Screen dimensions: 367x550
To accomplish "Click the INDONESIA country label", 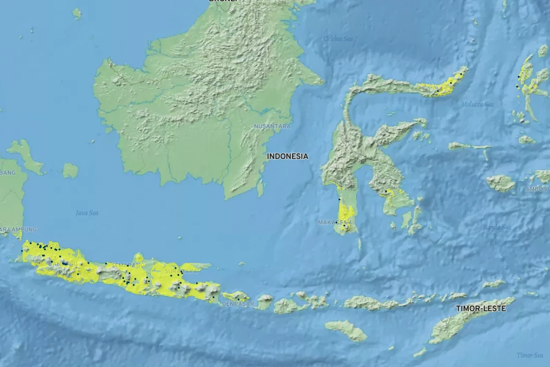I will click(x=287, y=156).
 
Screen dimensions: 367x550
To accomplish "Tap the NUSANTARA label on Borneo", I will click(x=273, y=127).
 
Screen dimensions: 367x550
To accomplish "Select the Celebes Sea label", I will click(x=338, y=39).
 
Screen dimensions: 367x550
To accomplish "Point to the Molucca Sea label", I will click(x=477, y=105).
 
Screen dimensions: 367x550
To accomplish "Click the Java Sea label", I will click(x=87, y=213).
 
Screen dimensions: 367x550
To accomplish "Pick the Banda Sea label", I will click(x=496, y=227).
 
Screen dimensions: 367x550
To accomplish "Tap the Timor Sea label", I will click(x=530, y=355).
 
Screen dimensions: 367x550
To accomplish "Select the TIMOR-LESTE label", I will click(x=480, y=309).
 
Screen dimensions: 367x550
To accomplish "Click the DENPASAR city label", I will click(x=237, y=304).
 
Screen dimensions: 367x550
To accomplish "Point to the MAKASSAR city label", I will click(x=334, y=222).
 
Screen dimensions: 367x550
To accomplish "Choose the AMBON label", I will click(x=537, y=189).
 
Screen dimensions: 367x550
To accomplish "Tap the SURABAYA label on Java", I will click(x=182, y=270).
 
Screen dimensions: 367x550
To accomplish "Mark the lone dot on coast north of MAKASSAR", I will click(x=339, y=199).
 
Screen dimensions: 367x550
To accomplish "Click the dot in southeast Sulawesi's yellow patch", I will click(x=387, y=192).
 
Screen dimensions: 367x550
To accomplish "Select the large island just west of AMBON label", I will click(x=501, y=183).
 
